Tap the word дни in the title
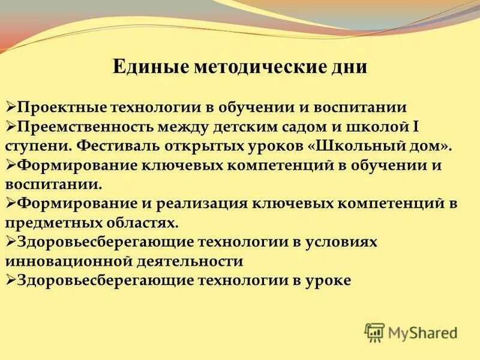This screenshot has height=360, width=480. tap(352, 66)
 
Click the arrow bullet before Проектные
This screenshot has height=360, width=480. tap(11, 107)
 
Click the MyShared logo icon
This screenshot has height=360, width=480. tap(374, 332)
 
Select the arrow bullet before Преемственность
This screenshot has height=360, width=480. tap(11, 127)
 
